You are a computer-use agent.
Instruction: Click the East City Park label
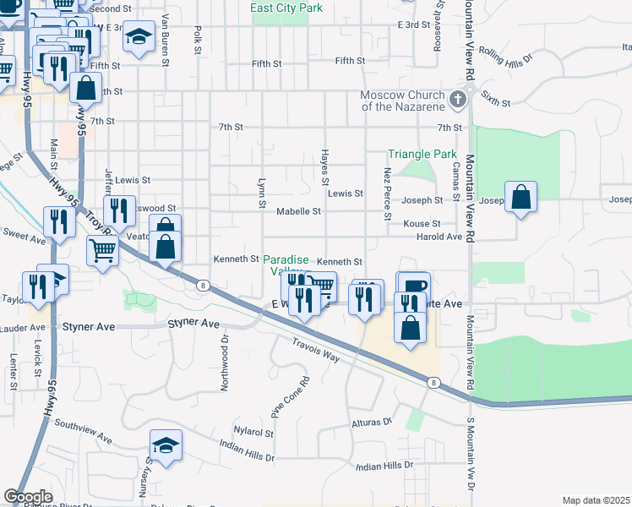(286, 8)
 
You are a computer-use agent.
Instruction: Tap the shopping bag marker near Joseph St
(522, 199)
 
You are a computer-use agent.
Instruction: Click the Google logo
(28, 497)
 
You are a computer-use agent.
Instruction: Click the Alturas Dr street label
(373, 421)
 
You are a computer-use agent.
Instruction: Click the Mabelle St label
(299, 211)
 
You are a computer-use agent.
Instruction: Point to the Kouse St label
(422, 223)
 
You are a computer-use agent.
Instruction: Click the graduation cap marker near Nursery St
(166, 446)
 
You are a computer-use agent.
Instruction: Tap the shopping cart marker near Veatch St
(102, 248)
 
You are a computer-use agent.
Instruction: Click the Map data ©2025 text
(596, 500)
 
